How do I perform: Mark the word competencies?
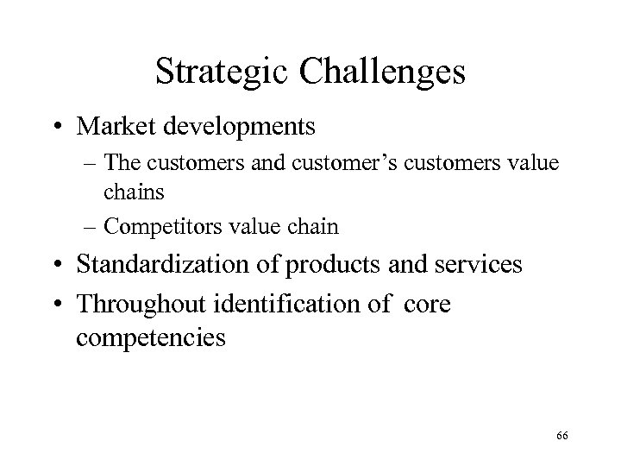click(150, 336)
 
